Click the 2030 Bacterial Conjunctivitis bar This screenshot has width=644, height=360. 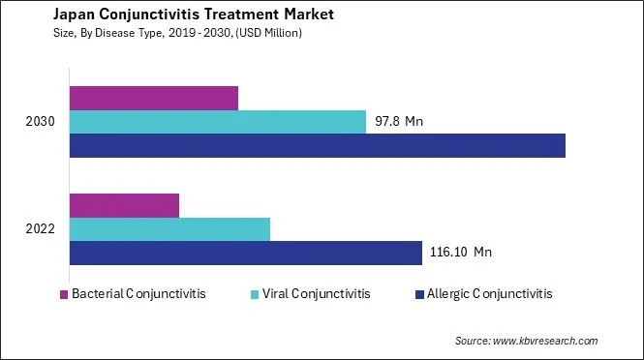[154, 98]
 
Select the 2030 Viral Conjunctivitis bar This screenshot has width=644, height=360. [218, 121]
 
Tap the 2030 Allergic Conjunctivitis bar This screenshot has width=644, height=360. [318, 145]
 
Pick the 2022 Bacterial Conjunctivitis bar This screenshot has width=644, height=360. [125, 205]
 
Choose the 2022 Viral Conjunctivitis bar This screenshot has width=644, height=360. [169, 229]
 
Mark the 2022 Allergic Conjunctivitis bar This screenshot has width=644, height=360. [246, 253]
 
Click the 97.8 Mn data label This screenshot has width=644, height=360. [399, 122]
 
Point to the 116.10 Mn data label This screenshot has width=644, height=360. [461, 253]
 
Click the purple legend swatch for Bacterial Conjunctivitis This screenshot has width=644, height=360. [64, 294]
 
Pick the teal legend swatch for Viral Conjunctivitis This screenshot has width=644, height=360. [255, 294]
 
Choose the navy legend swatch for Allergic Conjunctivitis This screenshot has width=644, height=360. [419, 294]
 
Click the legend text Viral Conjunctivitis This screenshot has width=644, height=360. [316, 294]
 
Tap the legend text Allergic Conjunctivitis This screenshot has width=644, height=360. [489, 294]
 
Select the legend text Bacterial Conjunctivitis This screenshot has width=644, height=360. [138, 294]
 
